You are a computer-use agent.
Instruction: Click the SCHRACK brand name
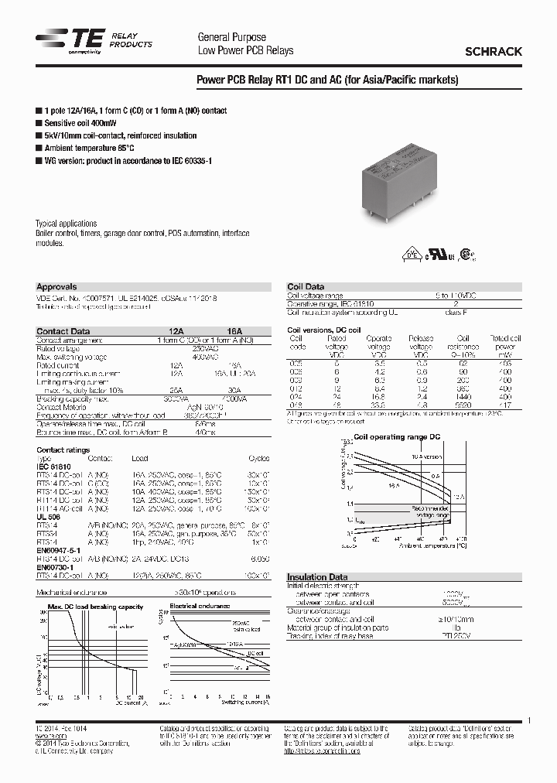[493, 51]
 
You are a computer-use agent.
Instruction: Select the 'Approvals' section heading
[56, 286]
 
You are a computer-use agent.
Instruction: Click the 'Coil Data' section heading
[306, 286]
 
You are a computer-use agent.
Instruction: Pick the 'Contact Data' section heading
[63, 331]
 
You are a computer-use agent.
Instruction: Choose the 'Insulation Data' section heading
[317, 577]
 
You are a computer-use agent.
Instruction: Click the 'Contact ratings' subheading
[63, 450]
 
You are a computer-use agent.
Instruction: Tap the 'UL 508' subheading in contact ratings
[47, 517]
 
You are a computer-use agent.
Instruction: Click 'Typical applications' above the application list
[67, 223]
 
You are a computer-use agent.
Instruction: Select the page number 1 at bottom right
[528, 721]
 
